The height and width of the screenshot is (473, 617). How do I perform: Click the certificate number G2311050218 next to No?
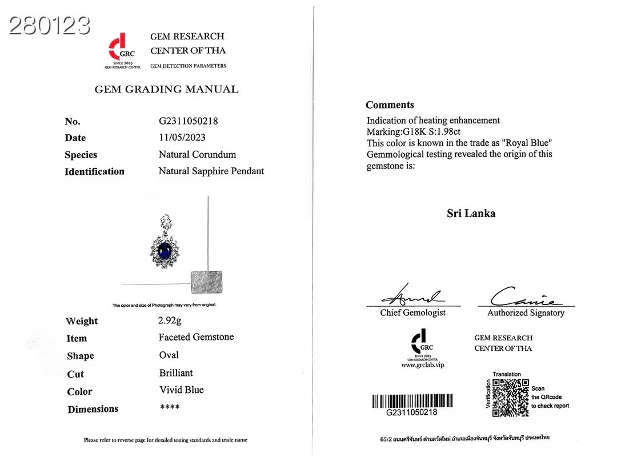188,121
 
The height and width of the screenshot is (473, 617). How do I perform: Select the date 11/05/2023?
182,138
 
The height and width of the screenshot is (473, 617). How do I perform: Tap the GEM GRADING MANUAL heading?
166,89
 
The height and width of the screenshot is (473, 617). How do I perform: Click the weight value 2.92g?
170,320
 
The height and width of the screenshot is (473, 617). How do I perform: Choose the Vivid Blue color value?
181,390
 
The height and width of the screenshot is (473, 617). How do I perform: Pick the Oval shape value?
169,355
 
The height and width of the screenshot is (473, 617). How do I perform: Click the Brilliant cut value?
176,372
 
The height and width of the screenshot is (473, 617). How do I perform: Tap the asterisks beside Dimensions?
170,408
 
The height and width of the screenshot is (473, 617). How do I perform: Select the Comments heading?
390,105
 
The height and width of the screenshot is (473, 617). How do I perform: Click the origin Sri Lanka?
471,214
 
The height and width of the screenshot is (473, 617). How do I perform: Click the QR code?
510,398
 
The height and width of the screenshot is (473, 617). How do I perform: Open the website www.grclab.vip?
422,364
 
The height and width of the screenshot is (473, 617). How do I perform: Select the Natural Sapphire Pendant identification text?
211,171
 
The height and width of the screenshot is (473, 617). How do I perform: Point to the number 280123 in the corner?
50,25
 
